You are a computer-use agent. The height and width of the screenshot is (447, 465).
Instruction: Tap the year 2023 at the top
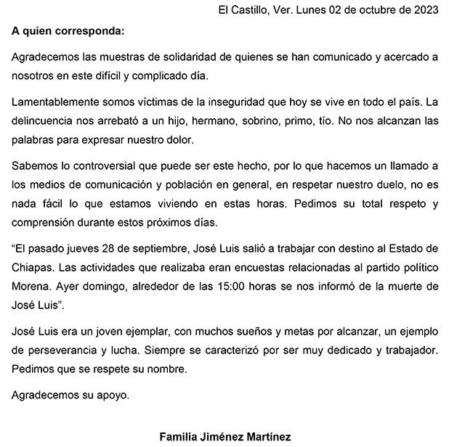(426, 10)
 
